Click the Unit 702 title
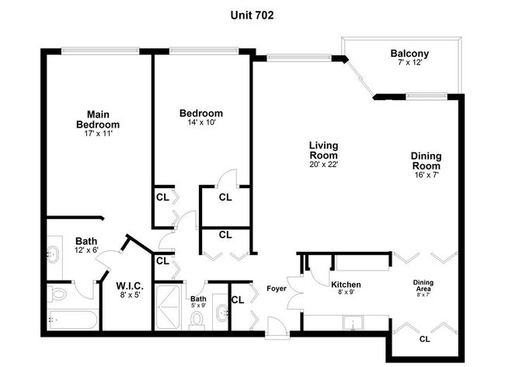click(x=252, y=15)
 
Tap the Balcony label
click(x=409, y=53)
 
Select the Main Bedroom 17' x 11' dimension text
click(x=98, y=134)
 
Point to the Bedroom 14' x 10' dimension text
click(x=201, y=122)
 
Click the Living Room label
click(x=323, y=150)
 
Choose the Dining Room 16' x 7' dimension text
click(x=427, y=175)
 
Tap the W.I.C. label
click(x=130, y=286)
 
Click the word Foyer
click(x=277, y=288)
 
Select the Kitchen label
click(x=346, y=285)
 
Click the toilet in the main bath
click(x=57, y=294)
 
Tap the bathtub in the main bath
click(x=72, y=320)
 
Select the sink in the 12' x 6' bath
click(x=53, y=253)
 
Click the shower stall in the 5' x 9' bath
click(x=168, y=307)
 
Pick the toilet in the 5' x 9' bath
click(x=196, y=320)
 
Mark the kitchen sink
click(x=353, y=323)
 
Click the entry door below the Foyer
click(x=277, y=327)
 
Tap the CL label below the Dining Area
click(x=424, y=339)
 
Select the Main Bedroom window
click(x=100, y=51)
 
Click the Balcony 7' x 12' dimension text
click(x=409, y=62)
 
